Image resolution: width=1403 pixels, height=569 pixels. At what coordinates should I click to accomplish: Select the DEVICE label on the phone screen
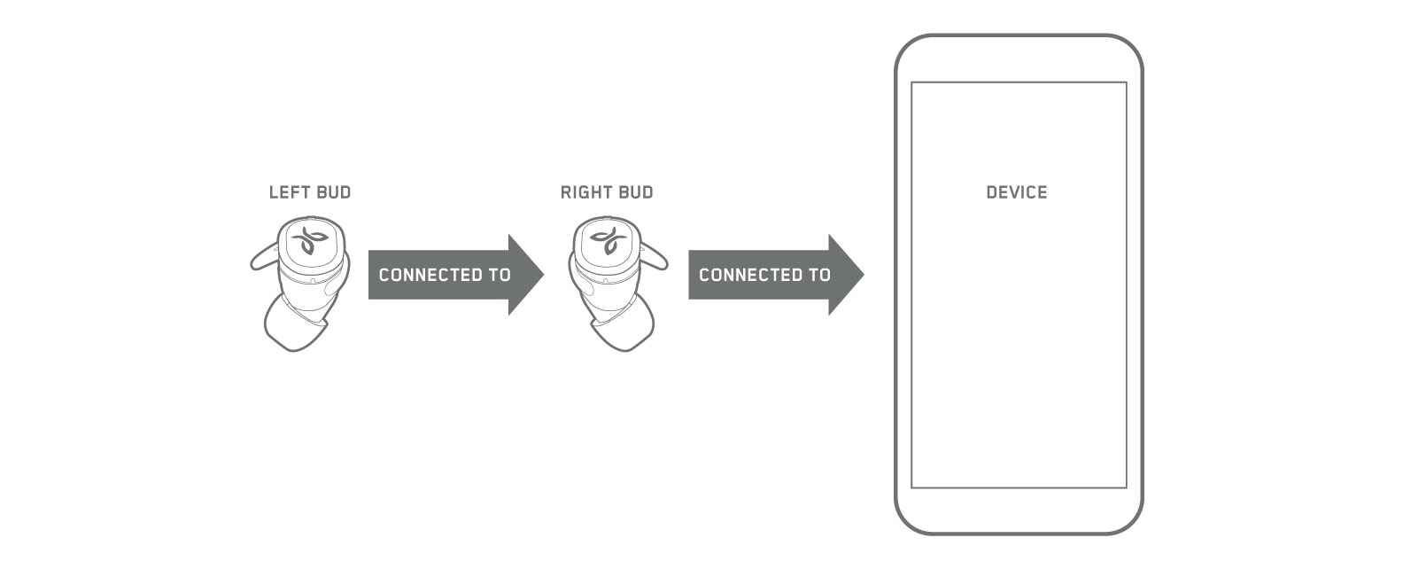point(1017,192)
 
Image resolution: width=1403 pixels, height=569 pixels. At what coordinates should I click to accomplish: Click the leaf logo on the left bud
point(309,241)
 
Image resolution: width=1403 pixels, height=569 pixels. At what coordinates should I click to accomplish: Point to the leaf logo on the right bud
point(608,241)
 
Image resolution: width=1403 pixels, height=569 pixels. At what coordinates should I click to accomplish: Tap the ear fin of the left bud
point(263,258)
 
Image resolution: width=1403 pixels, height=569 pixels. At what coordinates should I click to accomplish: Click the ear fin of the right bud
point(655,258)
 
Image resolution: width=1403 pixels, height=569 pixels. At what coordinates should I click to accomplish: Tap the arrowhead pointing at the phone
point(845,275)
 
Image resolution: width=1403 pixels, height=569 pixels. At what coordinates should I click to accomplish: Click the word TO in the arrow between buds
point(500,275)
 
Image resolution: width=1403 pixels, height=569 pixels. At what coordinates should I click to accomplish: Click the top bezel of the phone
point(1019,58)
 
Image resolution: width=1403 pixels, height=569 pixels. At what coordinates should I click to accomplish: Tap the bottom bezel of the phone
point(1019,511)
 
